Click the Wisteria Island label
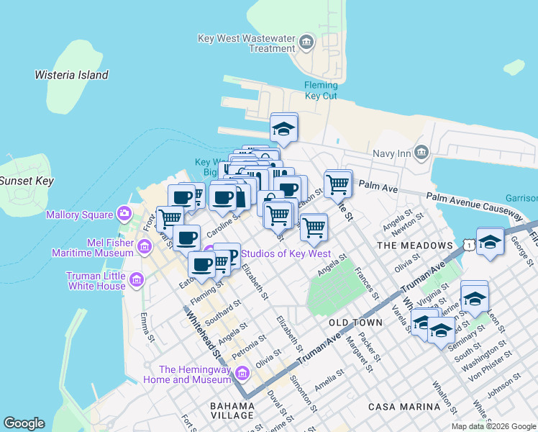pos(71,75)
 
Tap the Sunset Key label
pos(26,181)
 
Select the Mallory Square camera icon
pos(124,214)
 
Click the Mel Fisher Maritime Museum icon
pos(144,248)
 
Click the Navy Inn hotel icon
pos(421,153)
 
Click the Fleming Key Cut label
pos(321,90)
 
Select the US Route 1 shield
pos(470,246)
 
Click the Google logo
pos(24,423)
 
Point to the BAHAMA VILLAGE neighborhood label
pos(232,410)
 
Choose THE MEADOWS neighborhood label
pos(415,246)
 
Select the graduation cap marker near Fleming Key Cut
pos(284,130)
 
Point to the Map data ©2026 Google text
pos(493,426)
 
